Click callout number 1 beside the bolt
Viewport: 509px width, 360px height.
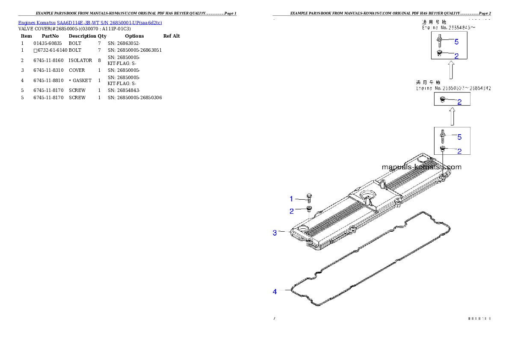point(292,199)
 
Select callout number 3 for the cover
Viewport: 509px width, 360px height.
point(275,233)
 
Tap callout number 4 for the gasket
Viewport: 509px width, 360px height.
point(275,292)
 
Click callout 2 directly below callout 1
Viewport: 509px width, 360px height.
point(292,211)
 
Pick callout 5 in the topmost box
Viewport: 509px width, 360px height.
point(456,42)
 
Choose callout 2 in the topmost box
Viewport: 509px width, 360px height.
point(456,56)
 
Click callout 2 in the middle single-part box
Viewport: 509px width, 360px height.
point(459,102)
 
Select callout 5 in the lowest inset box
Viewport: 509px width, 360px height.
point(459,137)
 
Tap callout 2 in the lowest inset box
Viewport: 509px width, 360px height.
point(459,151)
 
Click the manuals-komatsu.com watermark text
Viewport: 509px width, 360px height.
point(421,167)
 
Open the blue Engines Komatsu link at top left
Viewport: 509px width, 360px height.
point(90,22)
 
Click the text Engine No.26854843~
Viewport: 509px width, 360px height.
point(449,27)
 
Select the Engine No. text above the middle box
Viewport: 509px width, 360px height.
point(453,88)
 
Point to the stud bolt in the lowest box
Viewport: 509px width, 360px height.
point(442,136)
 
